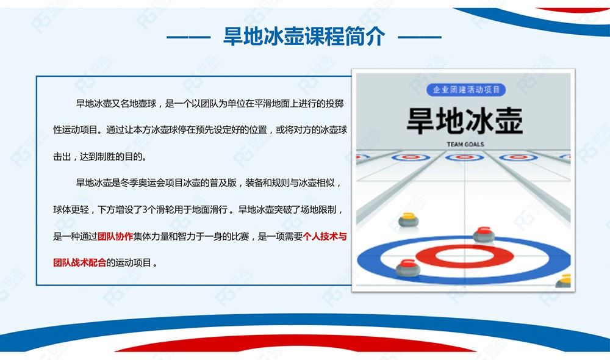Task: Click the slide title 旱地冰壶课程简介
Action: (x=304, y=37)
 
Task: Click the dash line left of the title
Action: (x=188, y=37)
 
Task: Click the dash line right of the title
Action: (x=420, y=37)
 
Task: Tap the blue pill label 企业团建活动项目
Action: (x=465, y=90)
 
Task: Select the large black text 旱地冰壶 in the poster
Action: (x=465, y=120)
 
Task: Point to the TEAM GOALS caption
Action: (x=465, y=145)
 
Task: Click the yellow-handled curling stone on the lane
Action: (x=409, y=220)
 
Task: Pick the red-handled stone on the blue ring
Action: (x=408, y=267)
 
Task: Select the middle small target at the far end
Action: (x=464, y=157)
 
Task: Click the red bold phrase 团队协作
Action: (x=115, y=236)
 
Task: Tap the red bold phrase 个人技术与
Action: (x=325, y=236)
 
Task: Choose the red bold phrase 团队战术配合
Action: (x=80, y=263)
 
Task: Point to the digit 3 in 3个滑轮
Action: (x=145, y=210)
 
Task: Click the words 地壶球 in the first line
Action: (x=143, y=104)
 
